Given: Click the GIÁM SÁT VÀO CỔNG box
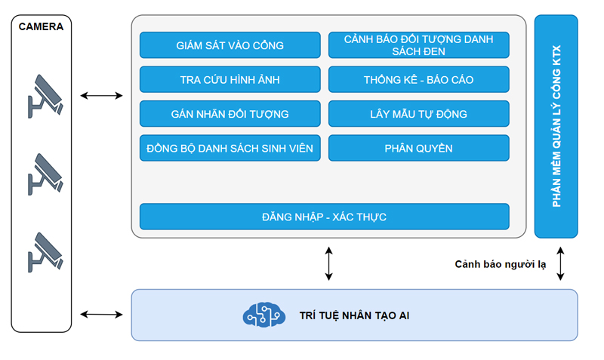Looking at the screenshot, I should tap(230, 45).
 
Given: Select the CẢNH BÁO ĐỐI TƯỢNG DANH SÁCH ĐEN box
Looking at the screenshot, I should tap(418, 45).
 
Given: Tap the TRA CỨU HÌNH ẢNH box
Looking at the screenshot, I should tap(230, 79).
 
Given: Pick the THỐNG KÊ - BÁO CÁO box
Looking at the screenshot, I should tap(418, 79).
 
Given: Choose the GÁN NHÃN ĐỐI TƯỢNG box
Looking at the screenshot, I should tap(230, 114).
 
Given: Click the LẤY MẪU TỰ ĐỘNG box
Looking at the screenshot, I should tap(418, 114).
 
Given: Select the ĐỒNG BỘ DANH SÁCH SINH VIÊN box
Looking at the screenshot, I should tap(230, 148).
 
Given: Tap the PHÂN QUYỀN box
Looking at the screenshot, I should tap(418, 148).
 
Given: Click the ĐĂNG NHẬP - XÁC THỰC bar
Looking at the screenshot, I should tap(324, 217).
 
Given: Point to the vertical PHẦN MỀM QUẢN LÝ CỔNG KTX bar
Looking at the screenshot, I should tap(556, 126).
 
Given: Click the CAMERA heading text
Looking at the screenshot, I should tap(42, 26).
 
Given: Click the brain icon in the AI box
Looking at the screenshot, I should tap(264, 314).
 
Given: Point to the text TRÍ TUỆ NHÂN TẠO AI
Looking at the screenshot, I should tap(355, 314).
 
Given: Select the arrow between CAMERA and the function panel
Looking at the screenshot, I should tap(101, 96).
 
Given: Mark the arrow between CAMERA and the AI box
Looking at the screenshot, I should tap(101, 314).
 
